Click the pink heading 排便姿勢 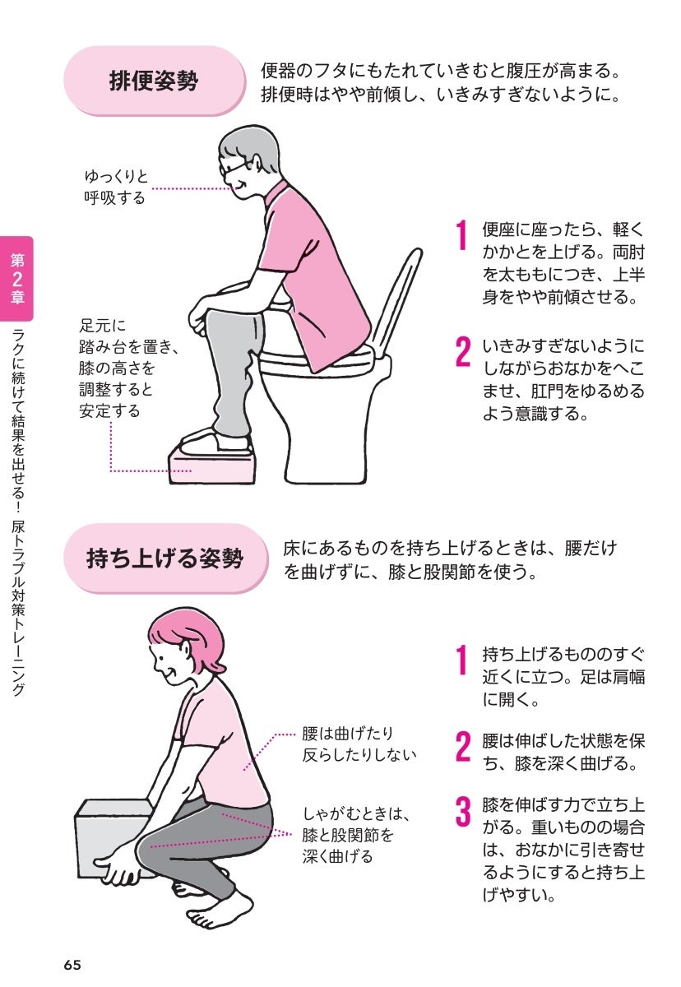click(154, 81)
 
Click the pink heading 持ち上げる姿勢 click(164, 558)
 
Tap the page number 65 click(72, 965)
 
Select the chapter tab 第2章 click(16, 279)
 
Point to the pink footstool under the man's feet click(212, 466)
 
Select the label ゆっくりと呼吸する click(116, 188)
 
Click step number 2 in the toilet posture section click(463, 352)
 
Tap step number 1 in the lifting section click(461, 660)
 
